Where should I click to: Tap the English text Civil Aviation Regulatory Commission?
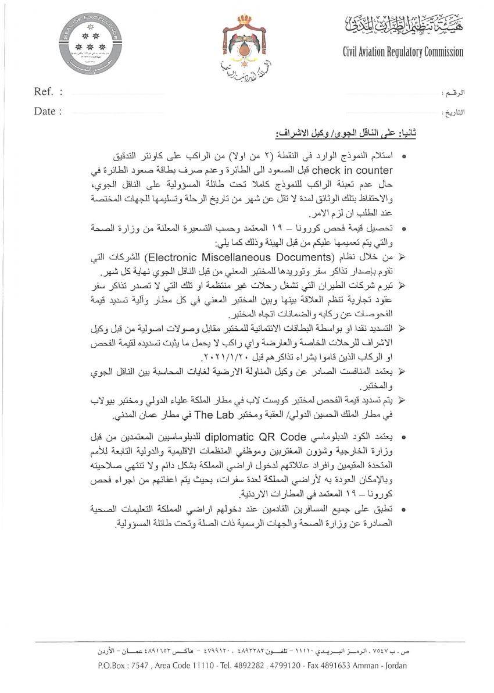coord(403,52)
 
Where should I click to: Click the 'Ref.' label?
coord(44,92)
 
